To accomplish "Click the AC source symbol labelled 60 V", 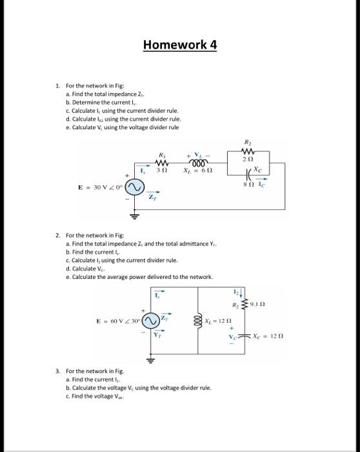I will (x=150, y=321).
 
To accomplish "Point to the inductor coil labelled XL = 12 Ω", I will (x=199, y=320).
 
